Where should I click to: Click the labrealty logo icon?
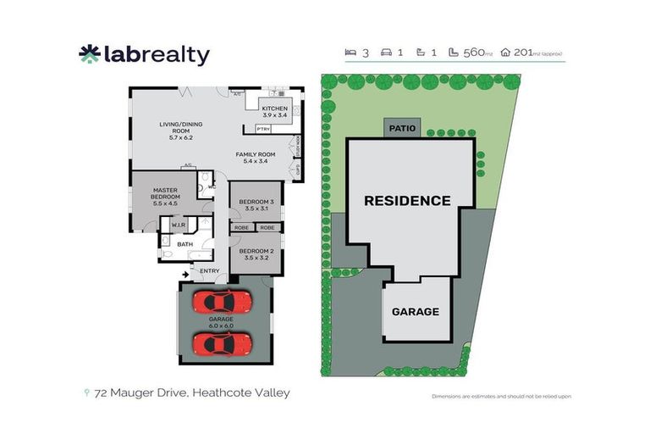click(x=89, y=54)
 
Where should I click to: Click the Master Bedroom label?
click(x=166, y=197)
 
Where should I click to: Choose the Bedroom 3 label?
click(x=255, y=204)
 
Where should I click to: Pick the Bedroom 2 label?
click(x=255, y=253)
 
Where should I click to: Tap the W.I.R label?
click(x=179, y=225)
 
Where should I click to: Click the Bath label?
click(x=185, y=244)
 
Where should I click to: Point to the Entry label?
click(x=209, y=271)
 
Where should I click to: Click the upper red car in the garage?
click(x=222, y=301)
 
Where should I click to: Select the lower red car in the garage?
click(x=222, y=343)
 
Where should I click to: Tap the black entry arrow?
click(x=185, y=274)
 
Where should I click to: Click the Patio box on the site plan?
click(x=403, y=129)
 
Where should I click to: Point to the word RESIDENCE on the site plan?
click(x=407, y=201)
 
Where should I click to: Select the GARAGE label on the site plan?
click(x=415, y=311)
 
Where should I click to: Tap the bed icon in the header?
click(x=350, y=53)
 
